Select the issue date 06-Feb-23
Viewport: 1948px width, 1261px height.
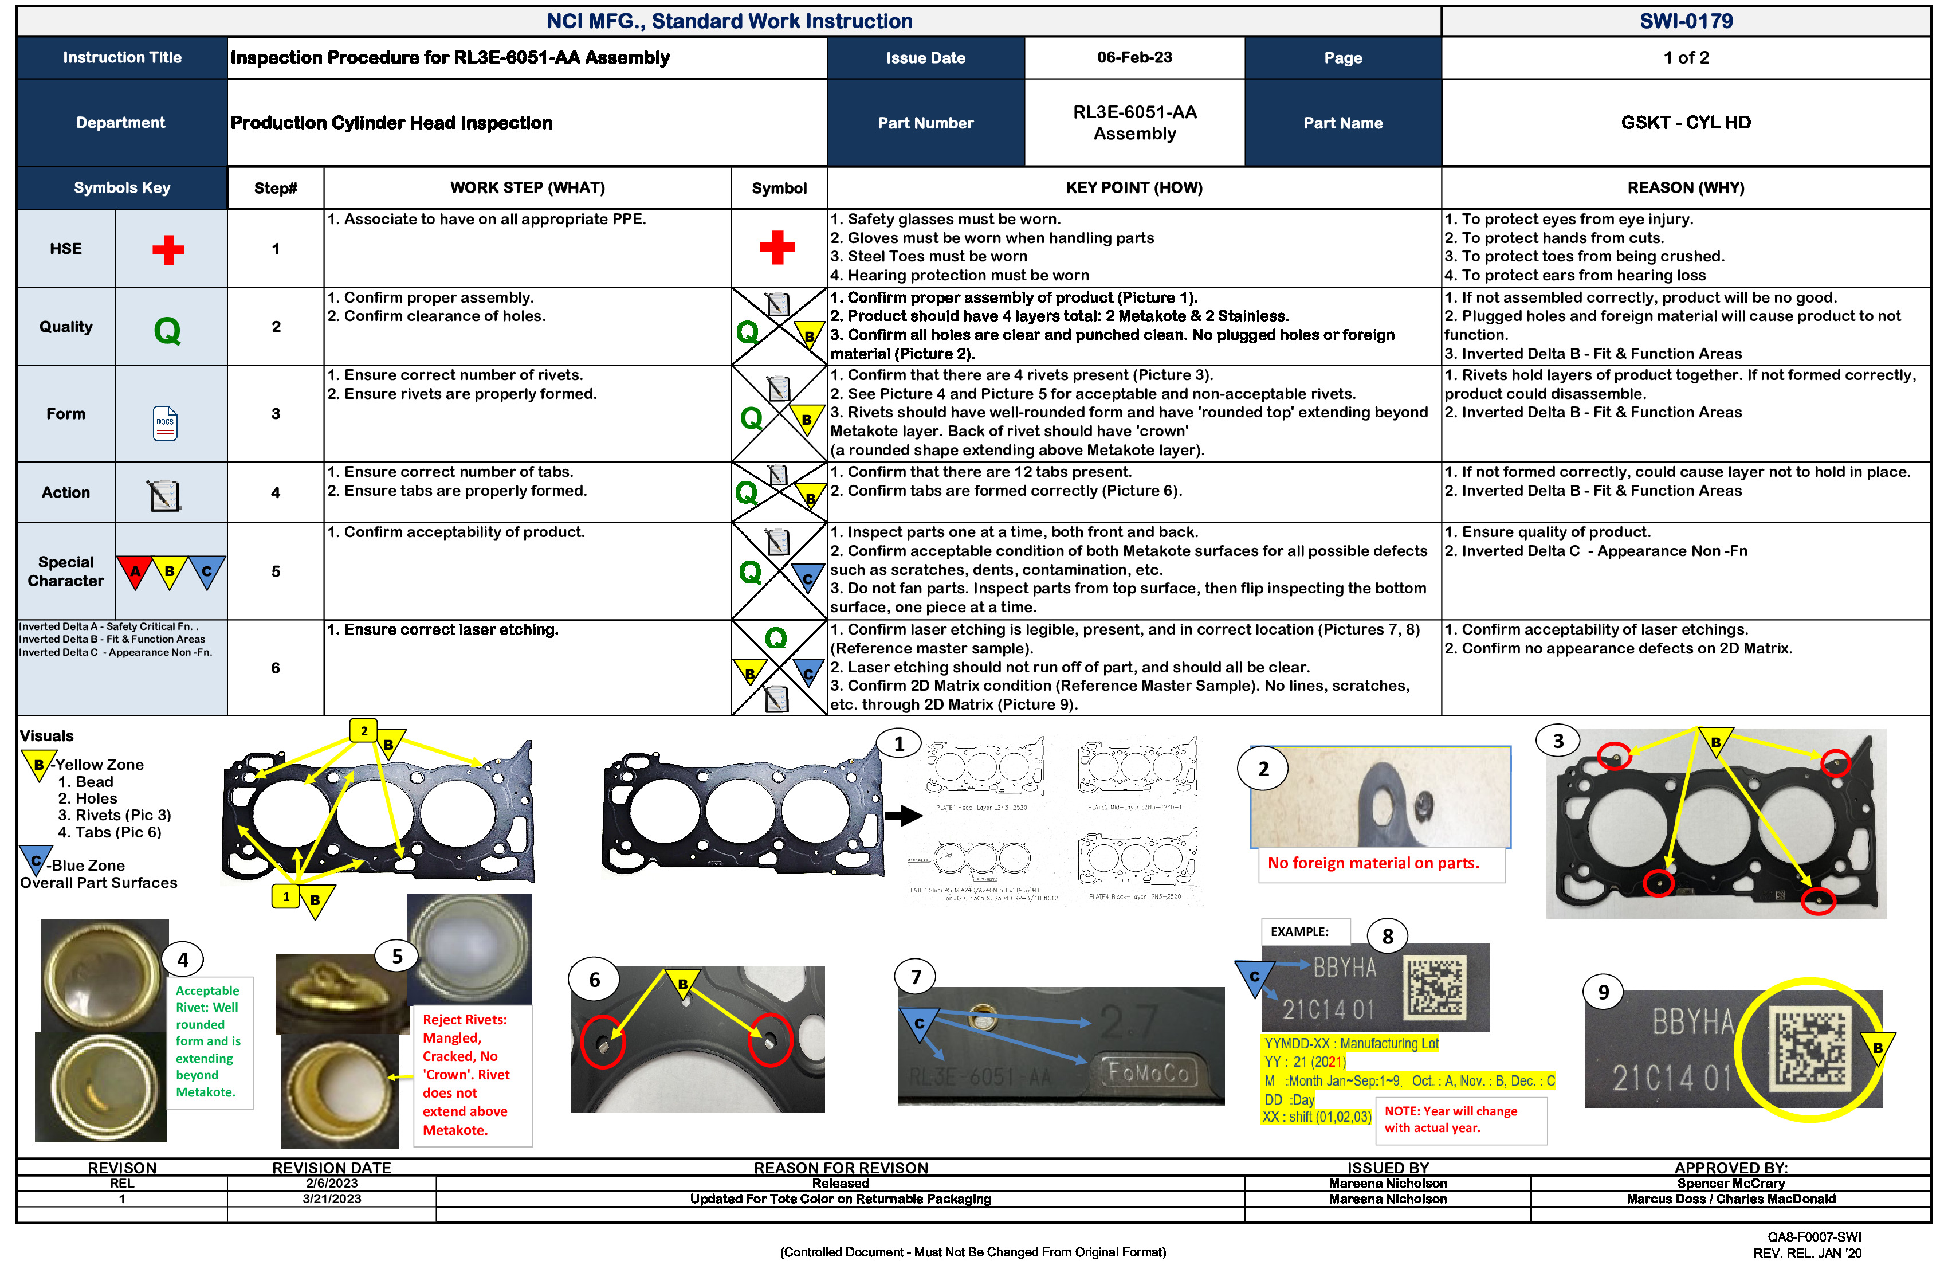1134,57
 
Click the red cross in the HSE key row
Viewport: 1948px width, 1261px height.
168,250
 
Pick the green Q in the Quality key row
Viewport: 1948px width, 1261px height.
167,331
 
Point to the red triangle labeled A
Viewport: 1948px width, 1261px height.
135,571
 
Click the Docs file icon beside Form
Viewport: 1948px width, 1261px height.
166,424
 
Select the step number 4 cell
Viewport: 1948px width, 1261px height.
276,492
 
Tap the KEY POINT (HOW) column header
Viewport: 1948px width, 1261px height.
1134,187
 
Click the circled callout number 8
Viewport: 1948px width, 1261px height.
1387,936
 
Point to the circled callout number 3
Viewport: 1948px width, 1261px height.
1558,741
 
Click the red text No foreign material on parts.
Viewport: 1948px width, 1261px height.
1373,863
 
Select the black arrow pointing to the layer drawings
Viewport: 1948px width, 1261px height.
903,816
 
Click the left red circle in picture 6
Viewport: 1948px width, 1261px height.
602,1041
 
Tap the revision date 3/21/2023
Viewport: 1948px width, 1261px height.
332,1199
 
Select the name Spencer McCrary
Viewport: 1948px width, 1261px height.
1730,1183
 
